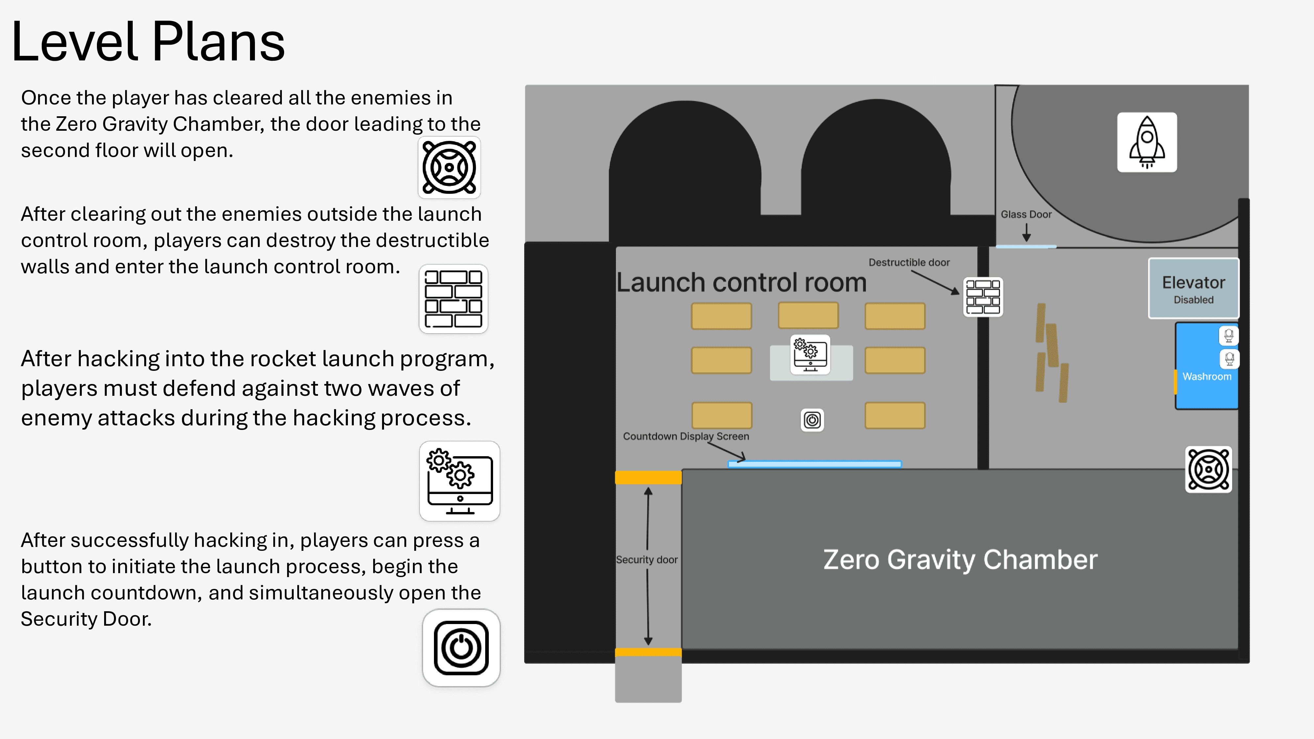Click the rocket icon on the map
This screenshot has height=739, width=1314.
click(x=1147, y=142)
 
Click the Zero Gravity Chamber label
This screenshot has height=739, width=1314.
click(x=960, y=559)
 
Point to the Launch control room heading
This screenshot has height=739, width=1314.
click(x=741, y=282)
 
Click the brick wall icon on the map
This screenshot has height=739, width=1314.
click(x=983, y=297)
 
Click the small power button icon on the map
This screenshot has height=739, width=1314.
click(x=812, y=420)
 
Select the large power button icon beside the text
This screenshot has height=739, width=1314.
click(x=461, y=648)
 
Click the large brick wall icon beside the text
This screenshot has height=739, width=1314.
click(x=453, y=299)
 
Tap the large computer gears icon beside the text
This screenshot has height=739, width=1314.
click(x=460, y=481)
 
